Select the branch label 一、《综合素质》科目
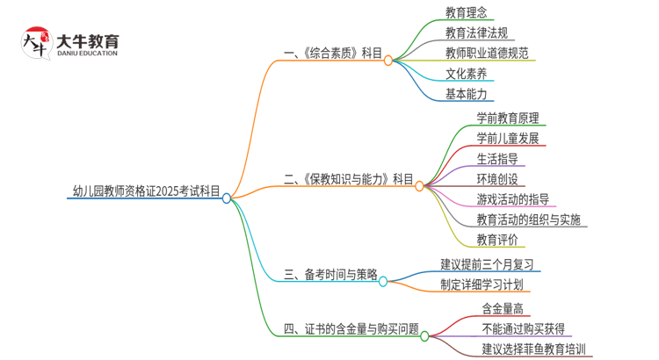click(334, 54)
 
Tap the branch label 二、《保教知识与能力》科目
click(349, 179)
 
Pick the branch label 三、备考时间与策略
click(331, 275)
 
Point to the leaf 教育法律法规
click(476, 32)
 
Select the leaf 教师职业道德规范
click(487, 53)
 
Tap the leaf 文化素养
click(466, 73)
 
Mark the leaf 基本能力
click(466, 93)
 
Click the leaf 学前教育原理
click(508, 118)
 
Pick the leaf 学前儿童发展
click(508, 138)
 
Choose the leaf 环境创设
click(497, 178)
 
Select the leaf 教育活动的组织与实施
click(528, 219)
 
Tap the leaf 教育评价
click(497, 239)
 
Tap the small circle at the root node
click(227, 198)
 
